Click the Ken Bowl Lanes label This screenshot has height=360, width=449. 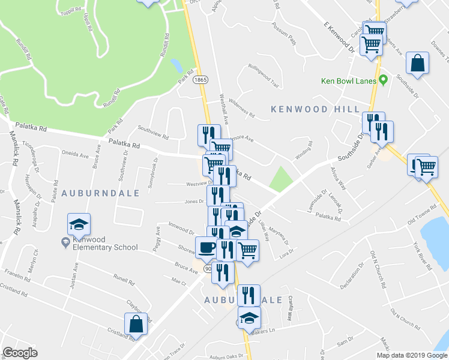tap(348, 80)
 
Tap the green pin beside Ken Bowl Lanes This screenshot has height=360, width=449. tap(382, 80)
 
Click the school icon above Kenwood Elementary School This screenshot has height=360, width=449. tap(78, 224)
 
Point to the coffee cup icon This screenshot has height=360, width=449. tap(206, 247)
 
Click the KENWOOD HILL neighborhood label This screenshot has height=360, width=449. tap(315, 109)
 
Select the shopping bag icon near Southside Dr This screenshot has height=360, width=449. tap(417, 62)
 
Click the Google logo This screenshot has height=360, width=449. tap(20, 353)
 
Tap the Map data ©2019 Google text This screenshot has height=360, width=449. tap(412, 355)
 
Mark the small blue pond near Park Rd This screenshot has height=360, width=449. tap(176, 64)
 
